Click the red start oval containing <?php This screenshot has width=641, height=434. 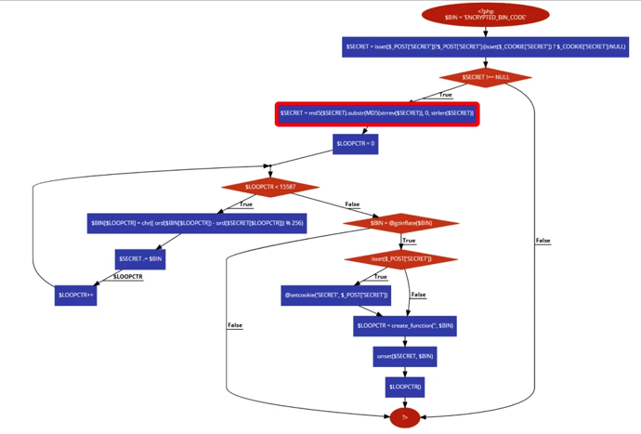point(485,15)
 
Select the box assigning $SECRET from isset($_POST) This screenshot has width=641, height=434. point(485,46)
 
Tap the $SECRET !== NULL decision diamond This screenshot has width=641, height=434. point(486,78)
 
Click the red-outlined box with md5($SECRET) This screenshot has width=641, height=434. point(377,113)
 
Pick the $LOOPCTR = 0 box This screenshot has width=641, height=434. point(355,144)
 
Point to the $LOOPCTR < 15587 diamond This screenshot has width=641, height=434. point(270,187)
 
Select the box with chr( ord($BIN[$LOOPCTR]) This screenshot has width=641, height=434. point(197,223)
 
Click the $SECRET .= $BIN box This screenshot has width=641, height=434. point(140,258)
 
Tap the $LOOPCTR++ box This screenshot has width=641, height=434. point(76,295)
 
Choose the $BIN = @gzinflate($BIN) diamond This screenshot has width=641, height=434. point(400,223)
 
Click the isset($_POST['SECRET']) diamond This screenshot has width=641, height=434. point(400,258)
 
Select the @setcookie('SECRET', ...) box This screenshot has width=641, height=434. point(336,296)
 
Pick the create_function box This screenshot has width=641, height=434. point(405,325)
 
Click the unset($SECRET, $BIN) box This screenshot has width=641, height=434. point(405,356)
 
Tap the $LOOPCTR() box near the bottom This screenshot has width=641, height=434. point(405,387)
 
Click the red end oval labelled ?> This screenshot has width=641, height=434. point(405,418)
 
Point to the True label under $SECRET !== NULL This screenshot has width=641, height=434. point(446,95)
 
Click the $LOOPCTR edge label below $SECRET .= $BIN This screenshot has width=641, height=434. point(128,277)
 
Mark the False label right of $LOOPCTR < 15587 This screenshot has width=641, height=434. point(352,204)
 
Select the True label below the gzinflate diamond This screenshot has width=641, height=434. point(409,241)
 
